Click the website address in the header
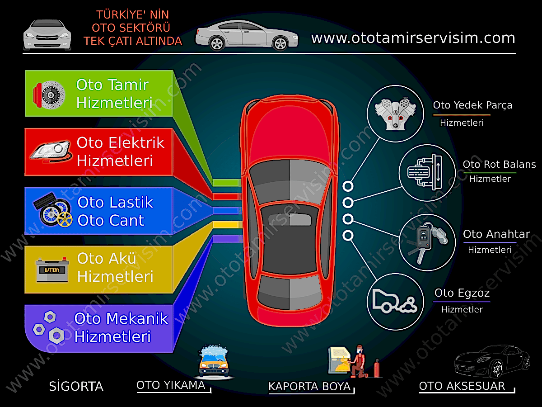tap(413, 38)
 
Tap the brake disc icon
tap(49, 95)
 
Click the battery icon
tap(52, 270)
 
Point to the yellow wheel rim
tap(65, 219)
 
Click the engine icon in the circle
tap(395, 114)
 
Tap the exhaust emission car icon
tap(394, 302)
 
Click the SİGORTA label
tap(76, 386)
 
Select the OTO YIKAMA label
tap(171, 385)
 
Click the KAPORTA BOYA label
tap(309, 387)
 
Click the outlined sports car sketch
tap(492, 361)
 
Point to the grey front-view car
tap(47, 35)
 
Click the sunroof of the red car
tap(290, 219)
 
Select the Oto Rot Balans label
tap(499, 164)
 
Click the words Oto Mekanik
tap(121, 318)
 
